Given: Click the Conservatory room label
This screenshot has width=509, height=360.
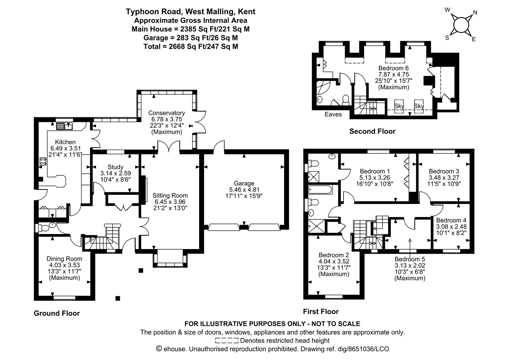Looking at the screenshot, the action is tap(167, 113).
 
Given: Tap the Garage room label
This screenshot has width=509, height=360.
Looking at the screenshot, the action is tap(244, 183).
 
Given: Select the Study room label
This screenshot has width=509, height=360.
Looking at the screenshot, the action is tap(116, 167).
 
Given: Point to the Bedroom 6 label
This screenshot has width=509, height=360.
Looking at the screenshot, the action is tap(393, 68).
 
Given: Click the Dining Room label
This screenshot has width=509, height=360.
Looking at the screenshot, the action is tap(64, 259).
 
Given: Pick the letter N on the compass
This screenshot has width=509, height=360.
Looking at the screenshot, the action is tap(475, 13).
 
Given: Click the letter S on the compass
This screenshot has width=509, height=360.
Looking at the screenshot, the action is tap(447, 38).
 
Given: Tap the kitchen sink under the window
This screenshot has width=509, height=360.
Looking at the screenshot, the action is tap(64, 126).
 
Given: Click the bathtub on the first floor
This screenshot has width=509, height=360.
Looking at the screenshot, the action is tap(320, 189).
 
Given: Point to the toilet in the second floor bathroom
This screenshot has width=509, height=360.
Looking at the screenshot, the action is tap(346, 100).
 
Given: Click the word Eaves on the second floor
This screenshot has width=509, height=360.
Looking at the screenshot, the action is tap(333, 114).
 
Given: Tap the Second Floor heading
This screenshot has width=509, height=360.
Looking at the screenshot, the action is tap(372, 131).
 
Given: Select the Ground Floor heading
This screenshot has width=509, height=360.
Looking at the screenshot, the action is tap(57, 313).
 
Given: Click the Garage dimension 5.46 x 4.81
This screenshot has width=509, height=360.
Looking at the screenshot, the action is tap(244, 190).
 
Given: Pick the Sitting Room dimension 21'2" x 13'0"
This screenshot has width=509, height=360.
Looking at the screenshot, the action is tap(170, 208).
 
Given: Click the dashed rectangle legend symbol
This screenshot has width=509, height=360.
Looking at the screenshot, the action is tap(227, 341).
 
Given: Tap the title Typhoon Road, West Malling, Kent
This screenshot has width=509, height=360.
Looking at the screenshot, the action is tap(191, 12).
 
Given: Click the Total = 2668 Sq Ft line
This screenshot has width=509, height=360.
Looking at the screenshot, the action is tap(191, 47).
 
